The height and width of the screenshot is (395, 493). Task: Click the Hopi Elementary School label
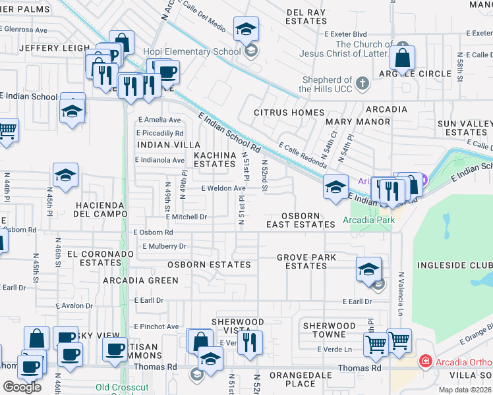click(x=200, y=51)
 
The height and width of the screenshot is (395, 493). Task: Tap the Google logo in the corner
click(x=22, y=386)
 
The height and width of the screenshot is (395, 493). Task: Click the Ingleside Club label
click(x=453, y=265)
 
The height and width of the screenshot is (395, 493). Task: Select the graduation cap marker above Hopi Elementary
click(x=246, y=30)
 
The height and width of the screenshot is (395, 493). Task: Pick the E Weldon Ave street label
click(x=223, y=188)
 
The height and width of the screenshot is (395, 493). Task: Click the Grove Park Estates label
click(x=306, y=261)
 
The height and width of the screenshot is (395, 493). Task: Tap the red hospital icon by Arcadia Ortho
click(x=427, y=361)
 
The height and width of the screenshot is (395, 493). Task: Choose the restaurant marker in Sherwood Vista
click(x=250, y=342)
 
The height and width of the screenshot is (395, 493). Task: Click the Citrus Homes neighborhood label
click(x=289, y=113)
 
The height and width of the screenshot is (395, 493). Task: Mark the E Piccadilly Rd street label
click(x=161, y=133)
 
